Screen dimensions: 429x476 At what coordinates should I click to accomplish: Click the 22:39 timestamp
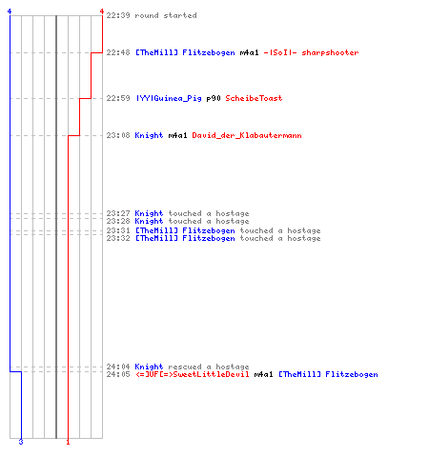pos(118,15)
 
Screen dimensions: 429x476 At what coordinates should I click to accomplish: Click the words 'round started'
pos(166,15)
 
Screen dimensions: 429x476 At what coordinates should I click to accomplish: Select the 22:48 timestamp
pos(118,52)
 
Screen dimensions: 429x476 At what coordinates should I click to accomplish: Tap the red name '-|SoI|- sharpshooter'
pos(311,52)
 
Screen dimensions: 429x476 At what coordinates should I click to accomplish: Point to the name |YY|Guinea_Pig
pos(169,98)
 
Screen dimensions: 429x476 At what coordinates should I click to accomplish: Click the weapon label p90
pos(214,98)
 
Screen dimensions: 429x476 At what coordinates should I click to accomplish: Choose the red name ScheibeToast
pos(254,98)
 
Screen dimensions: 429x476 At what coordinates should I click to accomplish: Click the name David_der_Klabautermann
pos(247,135)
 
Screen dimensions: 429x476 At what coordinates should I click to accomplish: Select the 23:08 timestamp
pos(118,135)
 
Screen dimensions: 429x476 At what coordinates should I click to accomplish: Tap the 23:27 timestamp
pos(118,213)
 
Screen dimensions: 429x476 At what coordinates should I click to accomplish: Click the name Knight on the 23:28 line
pos(149,221)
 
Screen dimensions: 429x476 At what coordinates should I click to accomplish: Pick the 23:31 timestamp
pos(118,230)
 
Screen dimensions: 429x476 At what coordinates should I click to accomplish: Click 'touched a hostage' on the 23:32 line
pos(280,238)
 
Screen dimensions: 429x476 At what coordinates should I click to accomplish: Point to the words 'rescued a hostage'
pos(209,367)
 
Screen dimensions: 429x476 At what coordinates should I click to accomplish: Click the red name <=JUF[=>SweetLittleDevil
pos(193,374)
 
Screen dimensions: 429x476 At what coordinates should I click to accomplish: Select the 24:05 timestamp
pos(118,374)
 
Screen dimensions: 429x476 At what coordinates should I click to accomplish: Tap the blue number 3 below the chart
pos(21,442)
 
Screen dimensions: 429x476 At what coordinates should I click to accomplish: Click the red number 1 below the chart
pos(68,442)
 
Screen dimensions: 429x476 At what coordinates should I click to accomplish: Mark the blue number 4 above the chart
pos(10,11)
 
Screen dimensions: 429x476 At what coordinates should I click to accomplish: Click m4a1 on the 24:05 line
pos(263,374)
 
